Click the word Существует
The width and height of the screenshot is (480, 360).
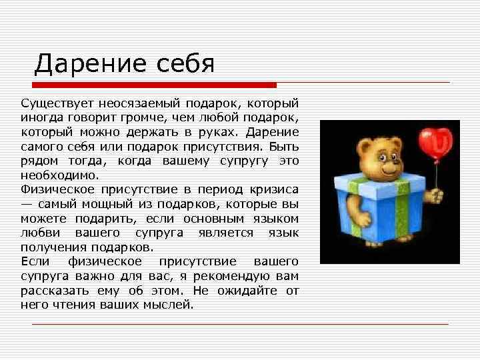click(57, 103)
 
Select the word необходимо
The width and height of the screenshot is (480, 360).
click(59, 175)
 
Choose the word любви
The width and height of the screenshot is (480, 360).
click(39, 233)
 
